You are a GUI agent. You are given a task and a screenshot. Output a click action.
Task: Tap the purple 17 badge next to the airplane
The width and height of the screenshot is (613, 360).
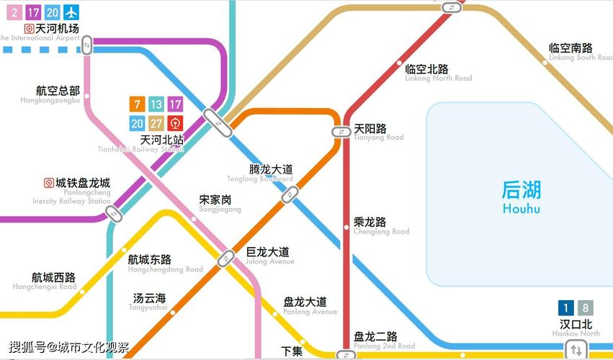click(33, 12)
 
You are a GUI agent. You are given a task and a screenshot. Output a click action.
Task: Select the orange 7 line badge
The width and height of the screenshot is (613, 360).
click(137, 104)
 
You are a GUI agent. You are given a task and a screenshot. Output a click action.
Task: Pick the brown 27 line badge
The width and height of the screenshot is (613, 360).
click(156, 123)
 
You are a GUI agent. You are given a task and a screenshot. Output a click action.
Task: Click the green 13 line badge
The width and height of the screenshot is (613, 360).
click(156, 104)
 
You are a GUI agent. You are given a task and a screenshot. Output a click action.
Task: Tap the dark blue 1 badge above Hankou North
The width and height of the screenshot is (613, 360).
click(567, 308)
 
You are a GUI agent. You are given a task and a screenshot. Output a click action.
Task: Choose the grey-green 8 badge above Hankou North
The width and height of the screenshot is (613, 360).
click(586, 308)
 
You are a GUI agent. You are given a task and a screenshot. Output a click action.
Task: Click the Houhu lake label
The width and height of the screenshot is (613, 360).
click(521, 197)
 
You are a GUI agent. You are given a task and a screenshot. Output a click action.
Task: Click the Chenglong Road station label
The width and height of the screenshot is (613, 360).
click(380, 226)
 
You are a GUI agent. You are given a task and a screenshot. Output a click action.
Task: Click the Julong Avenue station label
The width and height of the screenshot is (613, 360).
click(268, 256)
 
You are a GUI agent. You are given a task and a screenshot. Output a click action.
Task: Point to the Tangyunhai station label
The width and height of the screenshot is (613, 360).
click(149, 302)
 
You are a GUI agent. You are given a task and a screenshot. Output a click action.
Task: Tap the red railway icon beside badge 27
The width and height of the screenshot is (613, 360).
click(175, 123)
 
